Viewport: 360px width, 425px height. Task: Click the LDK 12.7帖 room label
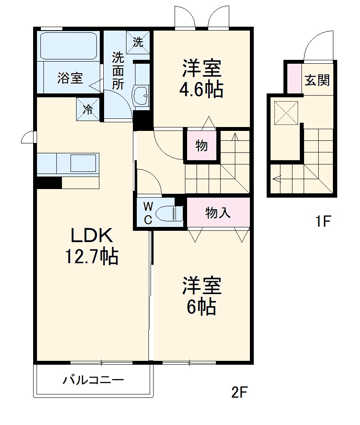coord(91,246)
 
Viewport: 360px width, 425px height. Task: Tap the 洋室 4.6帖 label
coord(202,79)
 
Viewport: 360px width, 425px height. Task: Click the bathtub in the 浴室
coord(69,46)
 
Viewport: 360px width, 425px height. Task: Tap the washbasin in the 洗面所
coord(141,94)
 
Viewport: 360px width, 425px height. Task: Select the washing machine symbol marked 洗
coord(138,42)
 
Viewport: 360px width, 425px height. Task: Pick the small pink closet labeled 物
coord(202,146)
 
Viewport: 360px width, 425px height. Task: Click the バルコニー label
coord(93,380)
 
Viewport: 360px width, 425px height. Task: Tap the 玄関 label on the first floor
coord(317,80)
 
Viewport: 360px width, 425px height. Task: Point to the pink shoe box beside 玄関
coord(294,78)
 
